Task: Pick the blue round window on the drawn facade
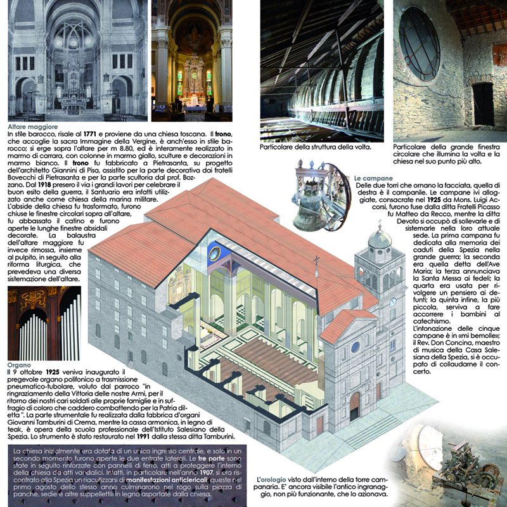[356, 347]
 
